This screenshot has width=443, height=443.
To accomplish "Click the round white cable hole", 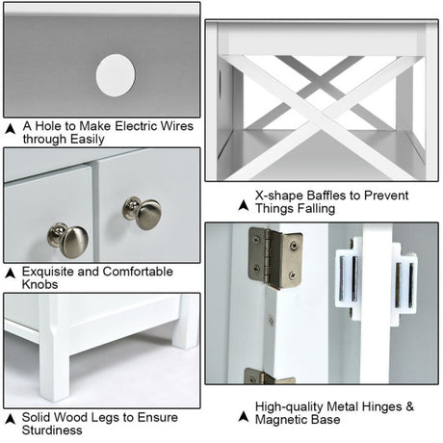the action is (x=116, y=75).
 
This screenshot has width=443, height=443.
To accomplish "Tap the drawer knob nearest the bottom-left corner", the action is (x=68, y=240).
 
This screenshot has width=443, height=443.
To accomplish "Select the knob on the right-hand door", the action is (x=143, y=213).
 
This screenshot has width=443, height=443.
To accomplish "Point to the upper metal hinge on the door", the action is (x=275, y=257).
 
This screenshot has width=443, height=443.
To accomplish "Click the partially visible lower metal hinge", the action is (x=269, y=376).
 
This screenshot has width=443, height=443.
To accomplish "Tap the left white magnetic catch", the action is (x=349, y=278).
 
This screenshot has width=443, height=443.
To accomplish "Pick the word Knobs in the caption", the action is (x=39, y=284).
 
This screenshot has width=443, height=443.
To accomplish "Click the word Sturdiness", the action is (x=52, y=430).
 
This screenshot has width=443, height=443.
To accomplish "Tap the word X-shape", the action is (x=279, y=195).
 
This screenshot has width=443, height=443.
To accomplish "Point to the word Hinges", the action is (x=381, y=406).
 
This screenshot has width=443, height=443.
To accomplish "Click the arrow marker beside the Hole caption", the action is (x=11, y=129).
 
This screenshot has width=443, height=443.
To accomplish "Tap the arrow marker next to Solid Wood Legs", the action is (x=11, y=419).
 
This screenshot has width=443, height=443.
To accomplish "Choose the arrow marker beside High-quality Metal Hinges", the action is (x=244, y=417).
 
